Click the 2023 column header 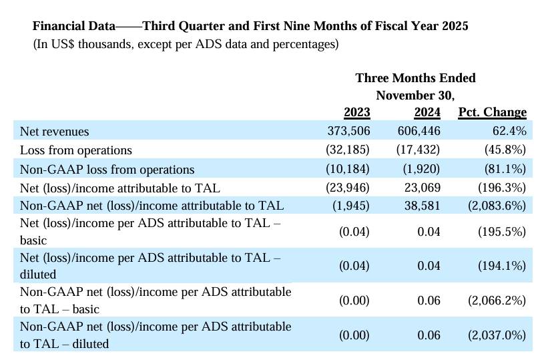tap(357, 112)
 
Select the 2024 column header tap(427, 112)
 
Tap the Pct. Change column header tap(493, 112)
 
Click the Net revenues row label tap(54, 132)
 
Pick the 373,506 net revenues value tap(348, 131)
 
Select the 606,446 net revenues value tap(419, 131)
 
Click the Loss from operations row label tap(76, 150)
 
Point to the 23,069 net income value tap(423, 188)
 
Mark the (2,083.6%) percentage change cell tap(497, 206)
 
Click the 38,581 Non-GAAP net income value tap(423, 206)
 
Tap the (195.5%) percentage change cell tap(502, 232)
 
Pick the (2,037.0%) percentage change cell tap(497, 335)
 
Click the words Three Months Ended tap(415, 77)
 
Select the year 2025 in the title tap(455, 26)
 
